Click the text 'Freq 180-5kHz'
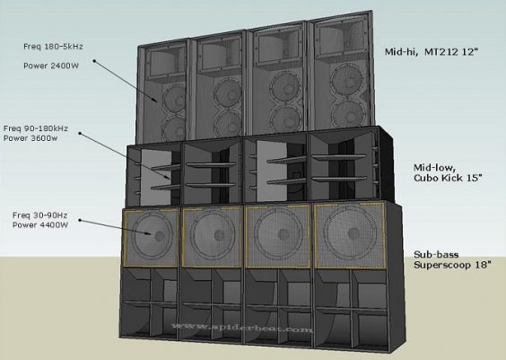(x=53, y=47)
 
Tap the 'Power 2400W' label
(x=51, y=66)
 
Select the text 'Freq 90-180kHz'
(x=36, y=128)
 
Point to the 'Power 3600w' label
(x=31, y=138)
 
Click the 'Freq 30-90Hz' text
(x=40, y=215)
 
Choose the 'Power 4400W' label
(x=40, y=224)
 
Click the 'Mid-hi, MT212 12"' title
(x=431, y=52)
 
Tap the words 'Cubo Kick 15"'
(x=448, y=178)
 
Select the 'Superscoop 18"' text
(x=452, y=265)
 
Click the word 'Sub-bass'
(x=436, y=255)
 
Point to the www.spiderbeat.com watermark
(x=242, y=328)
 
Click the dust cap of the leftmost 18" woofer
(x=160, y=236)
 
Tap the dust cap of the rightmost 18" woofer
(x=353, y=233)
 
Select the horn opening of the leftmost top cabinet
(x=165, y=63)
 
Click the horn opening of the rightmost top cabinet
(x=340, y=37)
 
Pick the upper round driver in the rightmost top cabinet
(x=347, y=79)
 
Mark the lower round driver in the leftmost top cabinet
(x=175, y=129)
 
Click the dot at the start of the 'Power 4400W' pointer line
(x=80, y=221)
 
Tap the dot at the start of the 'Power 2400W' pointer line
(x=94, y=60)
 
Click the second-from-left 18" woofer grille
(x=212, y=237)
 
